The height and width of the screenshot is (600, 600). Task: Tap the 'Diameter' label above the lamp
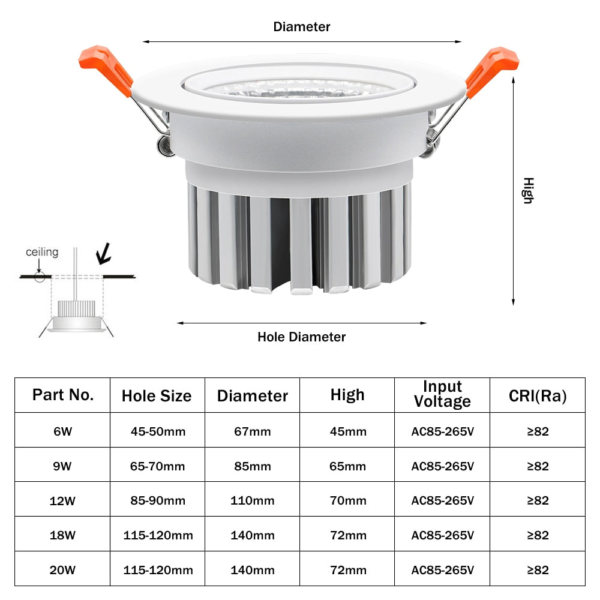[x=302, y=27]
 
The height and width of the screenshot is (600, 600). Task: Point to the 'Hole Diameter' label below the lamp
[x=302, y=337]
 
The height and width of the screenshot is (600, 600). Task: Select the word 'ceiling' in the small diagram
[x=42, y=252]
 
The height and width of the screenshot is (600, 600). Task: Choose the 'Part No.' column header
[x=63, y=395]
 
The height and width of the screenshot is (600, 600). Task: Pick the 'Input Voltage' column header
[x=442, y=394]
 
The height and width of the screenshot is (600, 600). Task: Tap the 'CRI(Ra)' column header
[x=538, y=395]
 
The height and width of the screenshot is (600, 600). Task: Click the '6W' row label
[x=63, y=431]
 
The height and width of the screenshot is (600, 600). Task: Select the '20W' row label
[x=63, y=570]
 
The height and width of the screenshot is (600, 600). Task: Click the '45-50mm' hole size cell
[x=158, y=431]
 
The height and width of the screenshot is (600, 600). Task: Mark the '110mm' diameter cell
[x=253, y=500]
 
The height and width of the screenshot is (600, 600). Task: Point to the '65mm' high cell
[x=347, y=466]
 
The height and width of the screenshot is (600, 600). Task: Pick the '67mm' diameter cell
[x=253, y=431]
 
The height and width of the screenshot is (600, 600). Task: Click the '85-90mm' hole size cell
[x=158, y=500]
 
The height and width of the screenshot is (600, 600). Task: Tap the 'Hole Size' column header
[x=157, y=396]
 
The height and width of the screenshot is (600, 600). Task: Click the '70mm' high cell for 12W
[x=347, y=500]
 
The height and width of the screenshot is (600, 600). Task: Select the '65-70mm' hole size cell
[x=158, y=466]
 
